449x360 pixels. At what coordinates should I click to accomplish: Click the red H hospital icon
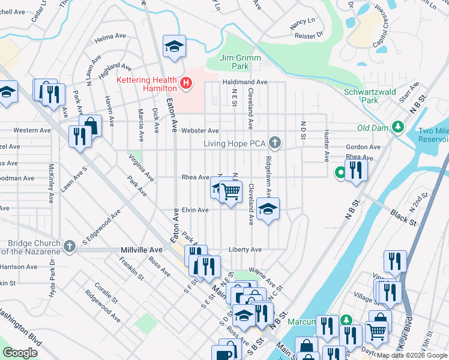point(186,83)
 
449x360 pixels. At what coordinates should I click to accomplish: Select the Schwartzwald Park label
point(369,96)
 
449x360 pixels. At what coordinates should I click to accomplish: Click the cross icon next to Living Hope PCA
point(275,143)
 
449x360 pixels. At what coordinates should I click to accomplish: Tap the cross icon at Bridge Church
point(70,246)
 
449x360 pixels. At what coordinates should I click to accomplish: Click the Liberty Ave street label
point(245,250)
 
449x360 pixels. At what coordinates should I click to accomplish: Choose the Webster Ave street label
point(200,130)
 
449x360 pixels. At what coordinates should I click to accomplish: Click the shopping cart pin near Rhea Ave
point(231,192)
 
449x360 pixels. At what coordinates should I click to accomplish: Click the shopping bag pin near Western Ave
point(90,125)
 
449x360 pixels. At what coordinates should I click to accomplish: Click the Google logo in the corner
point(20,353)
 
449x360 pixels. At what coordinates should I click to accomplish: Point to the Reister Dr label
point(310,35)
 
